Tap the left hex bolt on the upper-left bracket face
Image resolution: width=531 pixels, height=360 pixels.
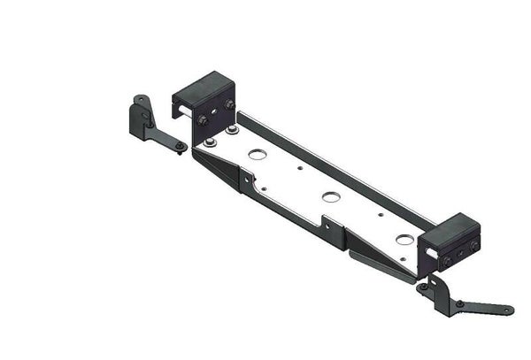tap(203, 119)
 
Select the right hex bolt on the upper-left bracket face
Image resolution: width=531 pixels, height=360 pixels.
tap(229, 105)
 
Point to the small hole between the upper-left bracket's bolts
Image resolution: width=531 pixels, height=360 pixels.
tap(215, 112)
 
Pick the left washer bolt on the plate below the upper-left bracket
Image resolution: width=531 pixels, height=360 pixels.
tap(210, 142)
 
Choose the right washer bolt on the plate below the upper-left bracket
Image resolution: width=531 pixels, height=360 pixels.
tap(232, 130)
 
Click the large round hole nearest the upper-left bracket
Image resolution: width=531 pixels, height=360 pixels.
tap(258, 155)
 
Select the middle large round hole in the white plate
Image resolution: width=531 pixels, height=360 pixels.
tap(331, 196)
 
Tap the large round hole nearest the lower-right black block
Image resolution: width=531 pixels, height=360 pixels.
tap(404, 240)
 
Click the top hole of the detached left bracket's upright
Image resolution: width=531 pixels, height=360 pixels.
tap(138, 99)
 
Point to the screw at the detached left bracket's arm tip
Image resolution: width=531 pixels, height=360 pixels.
tap(180, 145)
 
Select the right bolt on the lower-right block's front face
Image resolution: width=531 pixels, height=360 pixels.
tap(473, 245)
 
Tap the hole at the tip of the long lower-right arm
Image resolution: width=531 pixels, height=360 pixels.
tap(507, 310)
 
